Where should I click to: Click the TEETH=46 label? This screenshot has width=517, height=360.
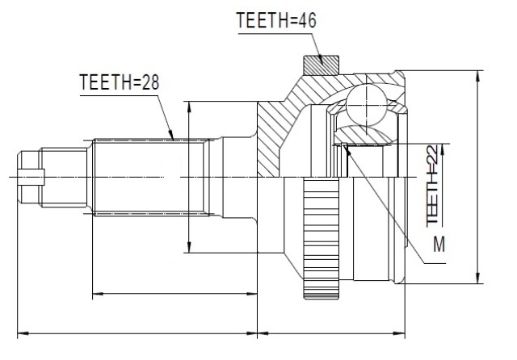click(276, 20)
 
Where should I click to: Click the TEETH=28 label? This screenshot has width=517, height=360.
click(120, 82)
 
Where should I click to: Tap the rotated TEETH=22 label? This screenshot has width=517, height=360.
click(432, 186)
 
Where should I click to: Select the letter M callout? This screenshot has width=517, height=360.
click(439, 244)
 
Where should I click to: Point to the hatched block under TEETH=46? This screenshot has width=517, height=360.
click(322, 65)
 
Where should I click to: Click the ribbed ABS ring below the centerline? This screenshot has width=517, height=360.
click(322, 238)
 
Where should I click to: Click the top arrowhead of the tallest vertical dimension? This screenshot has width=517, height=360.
click(477, 75)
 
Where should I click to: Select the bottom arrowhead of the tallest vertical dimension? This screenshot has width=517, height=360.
click(477, 278)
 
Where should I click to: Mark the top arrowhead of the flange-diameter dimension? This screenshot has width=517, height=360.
click(189, 107)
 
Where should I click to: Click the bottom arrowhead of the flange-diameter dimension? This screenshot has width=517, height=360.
click(189, 247)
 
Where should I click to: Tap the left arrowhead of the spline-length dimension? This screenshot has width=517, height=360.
click(98, 293)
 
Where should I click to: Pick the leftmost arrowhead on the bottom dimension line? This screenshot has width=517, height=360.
click(23, 333)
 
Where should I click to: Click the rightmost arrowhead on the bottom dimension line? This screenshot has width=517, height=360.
click(399, 333)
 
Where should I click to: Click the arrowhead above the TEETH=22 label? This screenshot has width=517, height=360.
click(443, 149)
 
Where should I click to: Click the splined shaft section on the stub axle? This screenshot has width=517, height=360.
click(151, 178)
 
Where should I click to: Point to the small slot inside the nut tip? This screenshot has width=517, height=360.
click(32, 177)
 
